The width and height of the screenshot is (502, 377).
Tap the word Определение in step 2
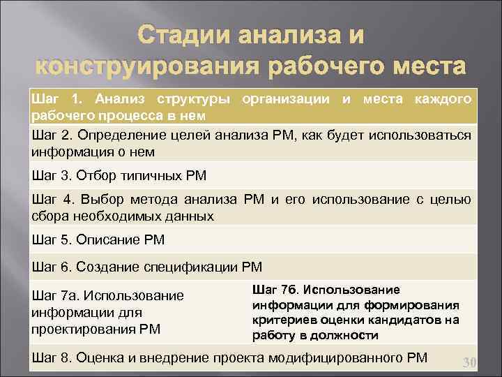click(x=113, y=134)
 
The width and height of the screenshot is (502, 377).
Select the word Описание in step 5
click(x=108, y=240)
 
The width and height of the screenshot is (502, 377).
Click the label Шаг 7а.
click(x=51, y=296)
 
